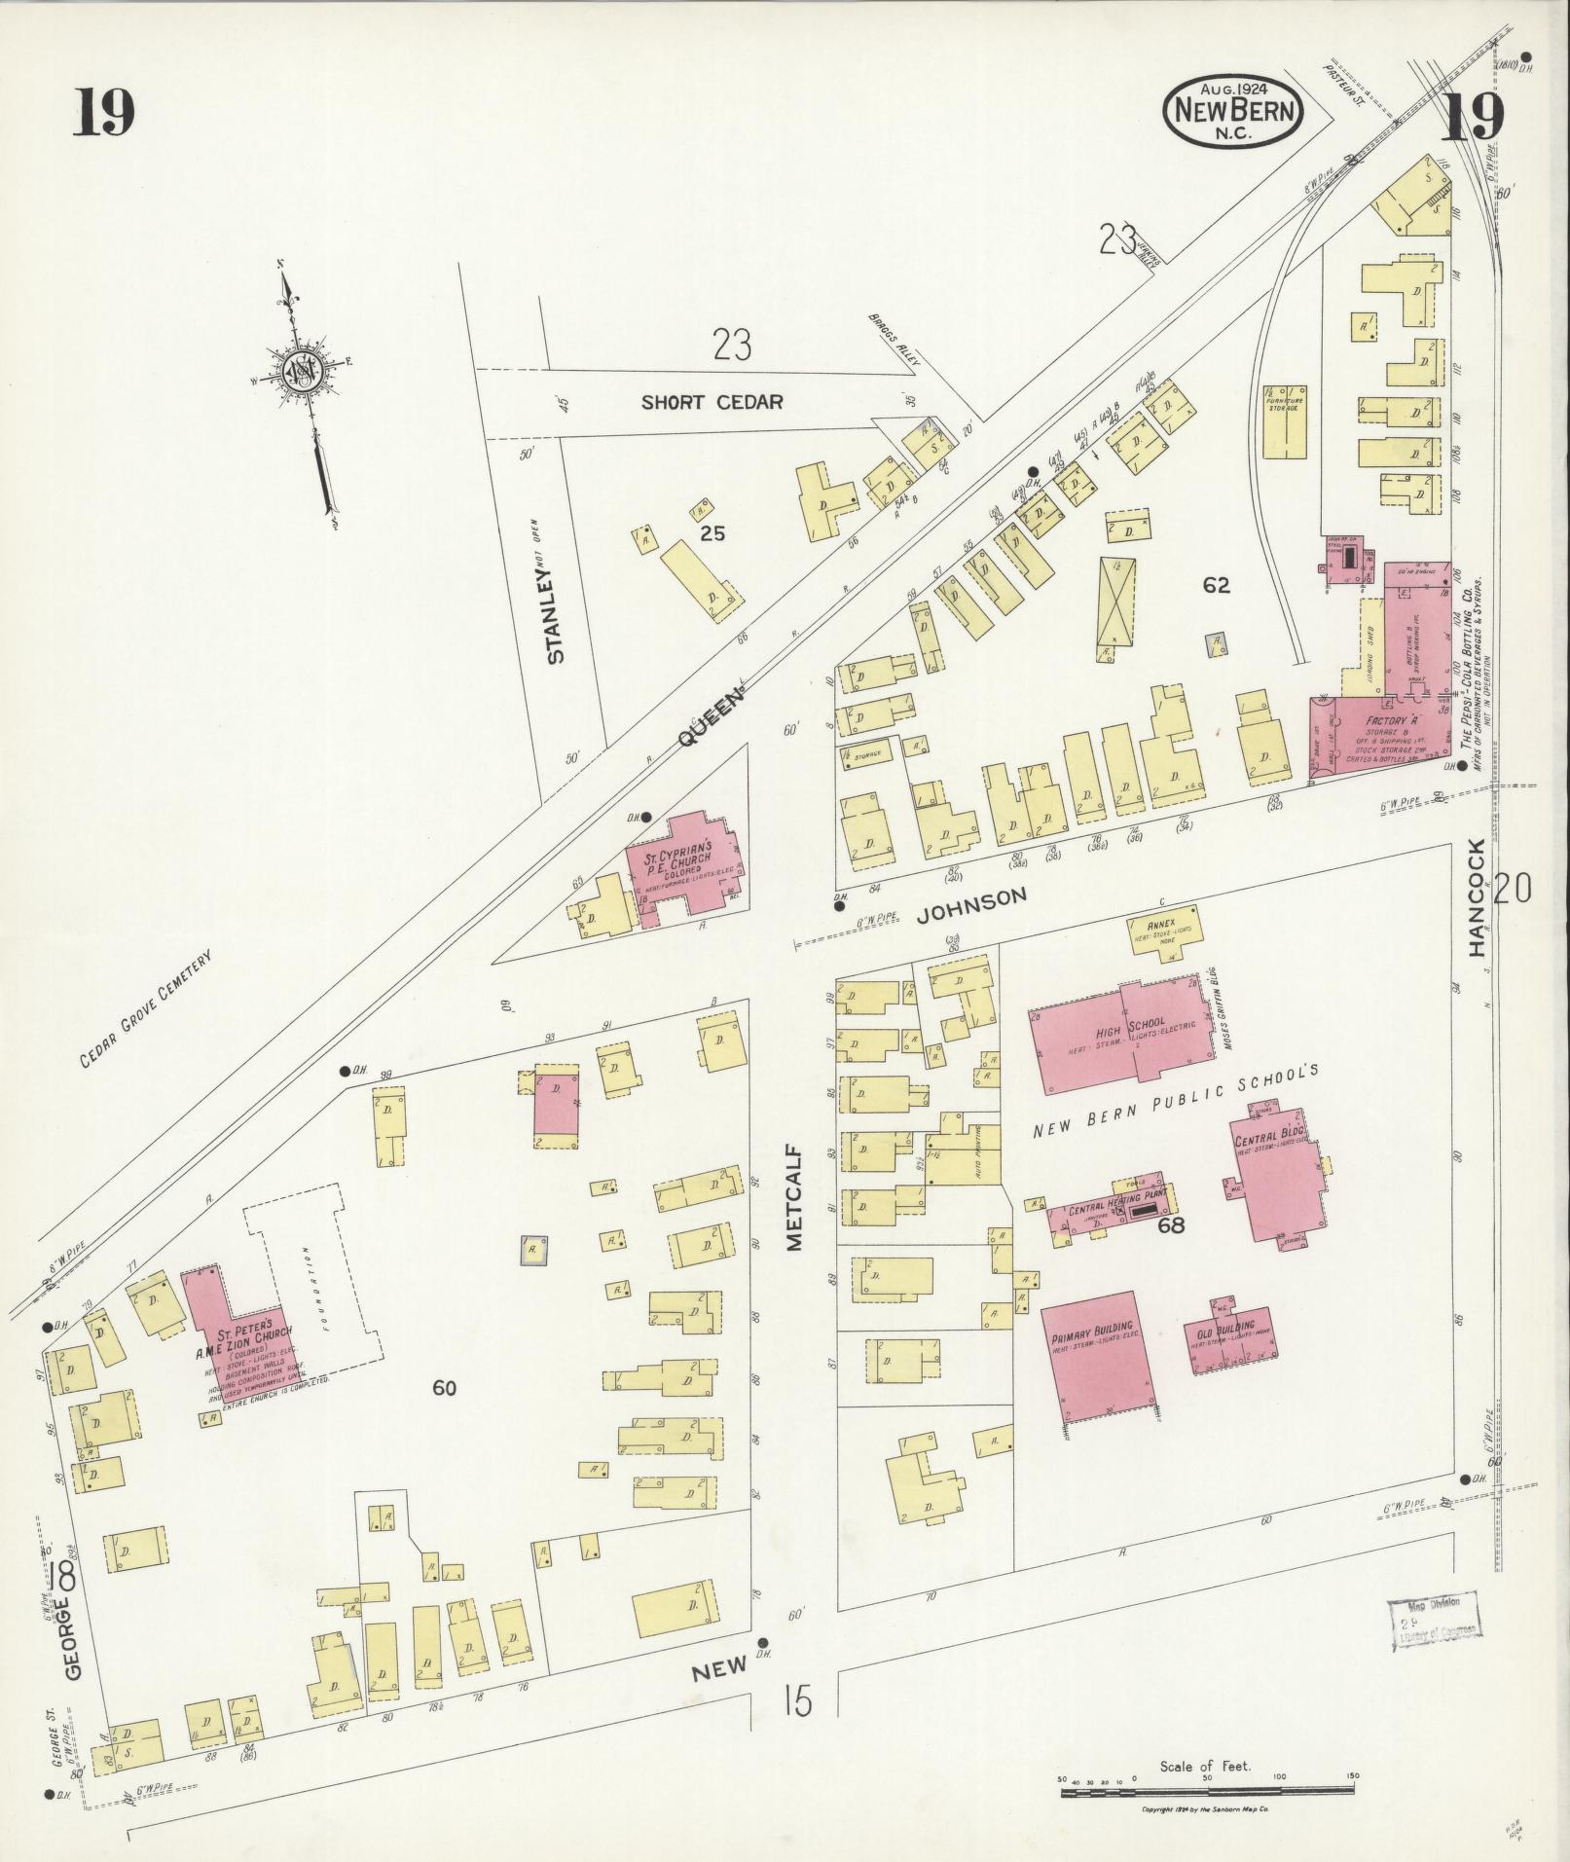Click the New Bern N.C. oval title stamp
click(x=1234, y=112)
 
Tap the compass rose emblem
click(x=300, y=372)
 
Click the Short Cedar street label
click(x=712, y=402)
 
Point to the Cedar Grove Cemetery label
click(x=145, y=1010)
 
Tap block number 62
click(x=1216, y=585)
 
